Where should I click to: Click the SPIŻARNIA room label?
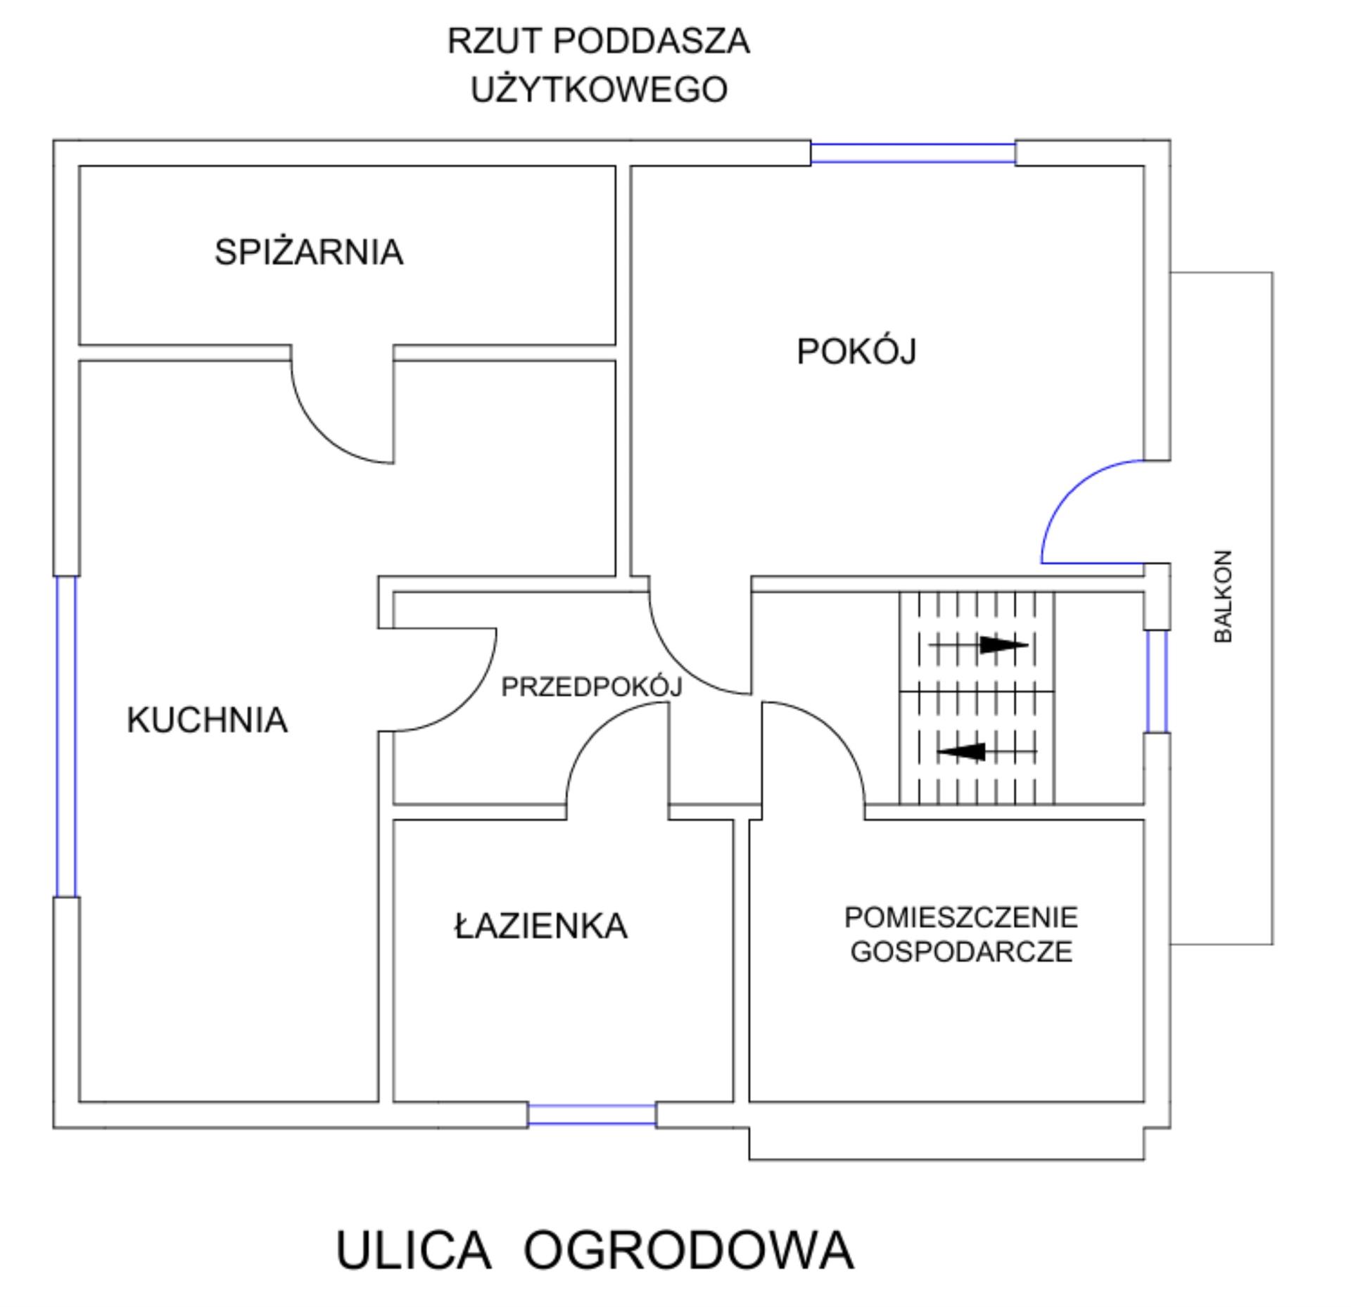(309, 253)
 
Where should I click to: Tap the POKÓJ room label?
(856, 352)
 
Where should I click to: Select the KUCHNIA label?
(208, 720)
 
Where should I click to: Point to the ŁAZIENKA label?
(540, 926)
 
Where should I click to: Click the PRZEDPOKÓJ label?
(591, 687)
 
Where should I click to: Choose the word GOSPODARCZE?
(961, 952)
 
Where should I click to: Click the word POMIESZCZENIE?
(961, 917)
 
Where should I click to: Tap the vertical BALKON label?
(1224, 597)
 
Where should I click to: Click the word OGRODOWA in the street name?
(689, 1251)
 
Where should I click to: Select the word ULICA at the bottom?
(414, 1251)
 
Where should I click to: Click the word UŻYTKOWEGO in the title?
(599, 90)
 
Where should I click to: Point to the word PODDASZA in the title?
(652, 41)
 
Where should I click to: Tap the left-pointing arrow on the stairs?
(963, 752)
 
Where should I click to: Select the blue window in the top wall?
(913, 153)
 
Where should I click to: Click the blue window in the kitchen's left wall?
(66, 736)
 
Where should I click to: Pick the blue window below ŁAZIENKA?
(592, 1114)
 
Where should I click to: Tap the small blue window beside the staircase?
(1157, 681)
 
